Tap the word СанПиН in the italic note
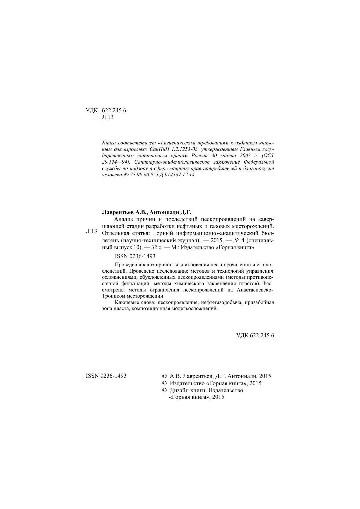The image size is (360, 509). click(159, 149)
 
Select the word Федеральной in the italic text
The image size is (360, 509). click(259, 162)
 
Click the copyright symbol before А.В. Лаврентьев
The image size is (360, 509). click(164, 376)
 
